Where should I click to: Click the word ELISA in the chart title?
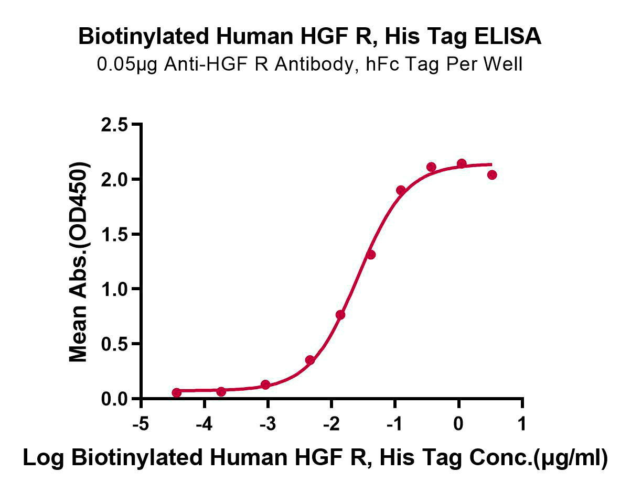(508, 36)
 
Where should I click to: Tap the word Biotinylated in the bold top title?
(144, 37)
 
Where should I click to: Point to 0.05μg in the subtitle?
(127, 64)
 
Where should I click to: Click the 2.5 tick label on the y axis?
(114, 126)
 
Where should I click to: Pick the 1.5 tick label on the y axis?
(114, 235)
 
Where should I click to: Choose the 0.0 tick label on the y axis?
(114, 399)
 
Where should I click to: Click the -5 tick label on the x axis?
(141, 424)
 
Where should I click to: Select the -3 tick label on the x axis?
(268, 424)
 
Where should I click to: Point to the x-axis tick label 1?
(522, 424)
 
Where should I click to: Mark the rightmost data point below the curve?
(492, 175)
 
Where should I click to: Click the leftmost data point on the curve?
(177, 393)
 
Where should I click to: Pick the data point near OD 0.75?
(340, 315)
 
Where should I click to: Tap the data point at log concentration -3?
(265, 385)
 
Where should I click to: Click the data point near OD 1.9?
(401, 191)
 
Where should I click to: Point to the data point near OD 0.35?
(310, 360)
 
